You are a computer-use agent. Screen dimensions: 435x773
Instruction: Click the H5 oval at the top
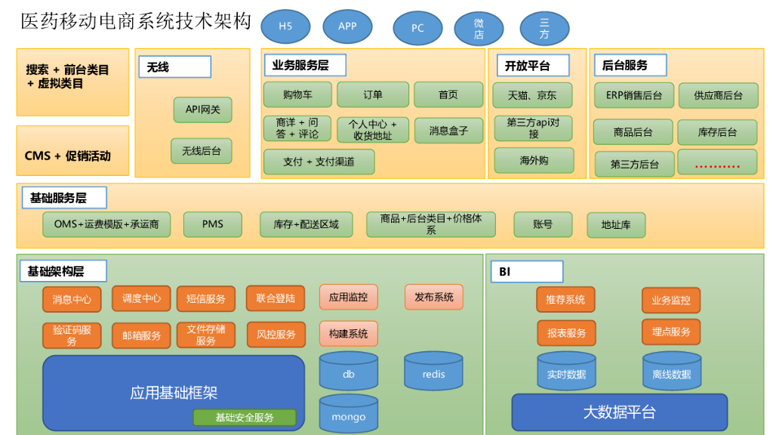pos(285,26)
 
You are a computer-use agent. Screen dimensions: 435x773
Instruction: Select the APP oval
pos(347,26)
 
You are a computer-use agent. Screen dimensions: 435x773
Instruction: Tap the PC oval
pos(417,28)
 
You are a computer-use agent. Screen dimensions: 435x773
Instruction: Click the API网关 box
pos(202,110)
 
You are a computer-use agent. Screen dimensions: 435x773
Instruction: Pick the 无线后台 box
pos(201,151)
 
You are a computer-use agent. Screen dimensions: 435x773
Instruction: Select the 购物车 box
pos(297,94)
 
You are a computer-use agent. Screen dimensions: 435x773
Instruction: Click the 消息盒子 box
pos(448,131)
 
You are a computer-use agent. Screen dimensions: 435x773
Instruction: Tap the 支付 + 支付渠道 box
pos(319,162)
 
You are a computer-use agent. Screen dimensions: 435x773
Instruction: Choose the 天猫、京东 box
pos(533,95)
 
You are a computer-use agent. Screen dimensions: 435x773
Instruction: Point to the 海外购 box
pos(534,160)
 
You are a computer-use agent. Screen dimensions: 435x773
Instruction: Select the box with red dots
pos(717,162)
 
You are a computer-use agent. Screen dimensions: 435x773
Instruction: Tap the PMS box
pos(213,224)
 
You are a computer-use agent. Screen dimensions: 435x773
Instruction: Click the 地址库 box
pos(616,225)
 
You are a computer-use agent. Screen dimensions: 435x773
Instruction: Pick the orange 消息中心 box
pos(72,299)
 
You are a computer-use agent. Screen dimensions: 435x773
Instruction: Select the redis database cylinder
pos(433,371)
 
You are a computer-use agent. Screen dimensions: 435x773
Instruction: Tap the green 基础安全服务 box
pos(245,418)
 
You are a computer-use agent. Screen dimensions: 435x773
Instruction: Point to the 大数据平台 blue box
pos(619,412)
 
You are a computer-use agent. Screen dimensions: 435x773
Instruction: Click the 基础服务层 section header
pos(64,198)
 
